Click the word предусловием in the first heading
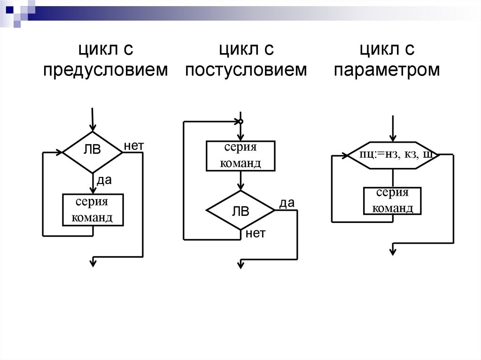pyautogui.click(x=105, y=70)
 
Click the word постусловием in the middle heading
pyautogui.click(x=246, y=70)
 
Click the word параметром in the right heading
pyautogui.click(x=387, y=70)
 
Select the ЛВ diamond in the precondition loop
pyautogui.click(x=92, y=152)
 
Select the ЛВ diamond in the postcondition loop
pyautogui.click(x=240, y=211)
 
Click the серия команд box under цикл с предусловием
pyautogui.click(x=93, y=210)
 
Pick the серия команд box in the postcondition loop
pyautogui.click(x=240, y=155)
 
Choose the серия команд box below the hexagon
pyautogui.click(x=393, y=200)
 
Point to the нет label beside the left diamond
pyautogui.click(x=133, y=146)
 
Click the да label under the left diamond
pyautogui.click(x=104, y=180)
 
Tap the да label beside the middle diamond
pyautogui.click(x=287, y=203)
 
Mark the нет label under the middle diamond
pyautogui.click(x=256, y=233)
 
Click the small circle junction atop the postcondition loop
pyautogui.click(x=240, y=122)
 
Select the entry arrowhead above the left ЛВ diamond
pyautogui.click(x=93, y=128)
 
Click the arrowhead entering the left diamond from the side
pyautogui.click(x=60, y=152)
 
